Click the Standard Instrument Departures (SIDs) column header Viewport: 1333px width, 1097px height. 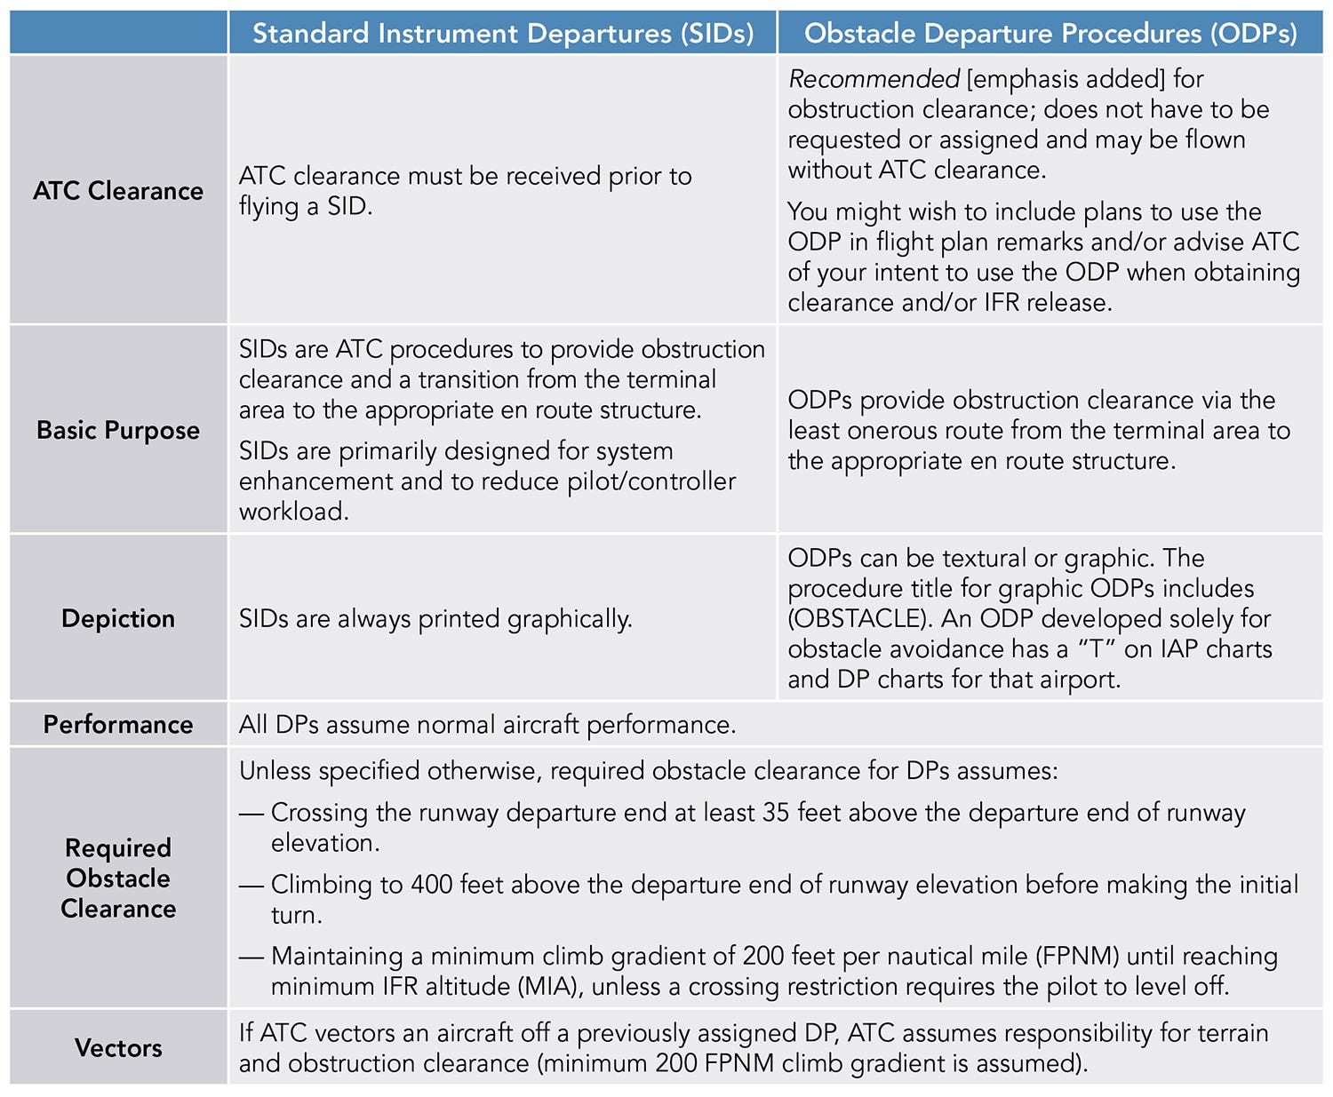point(503,34)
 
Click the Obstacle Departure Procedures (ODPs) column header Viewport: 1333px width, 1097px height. point(1050,34)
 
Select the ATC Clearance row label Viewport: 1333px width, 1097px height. point(118,191)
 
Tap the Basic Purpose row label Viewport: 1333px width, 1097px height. point(118,430)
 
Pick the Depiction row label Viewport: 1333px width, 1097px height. point(118,618)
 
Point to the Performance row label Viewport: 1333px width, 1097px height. point(118,725)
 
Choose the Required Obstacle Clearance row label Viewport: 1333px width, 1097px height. point(118,878)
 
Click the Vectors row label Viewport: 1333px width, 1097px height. point(118,1048)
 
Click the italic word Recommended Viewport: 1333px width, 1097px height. point(874,80)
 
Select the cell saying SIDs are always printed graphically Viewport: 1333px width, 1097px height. point(435,619)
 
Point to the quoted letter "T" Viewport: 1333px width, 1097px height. point(1096,649)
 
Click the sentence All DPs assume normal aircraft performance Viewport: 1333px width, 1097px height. point(487,725)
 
